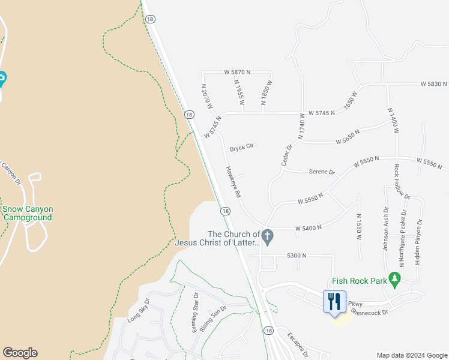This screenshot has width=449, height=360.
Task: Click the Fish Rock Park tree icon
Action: (x=394, y=278)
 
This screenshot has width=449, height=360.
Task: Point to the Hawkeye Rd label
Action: (x=233, y=182)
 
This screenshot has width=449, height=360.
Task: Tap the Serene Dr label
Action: (x=322, y=172)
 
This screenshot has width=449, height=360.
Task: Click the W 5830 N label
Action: (x=434, y=84)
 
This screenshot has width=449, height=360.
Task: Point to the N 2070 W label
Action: (x=208, y=95)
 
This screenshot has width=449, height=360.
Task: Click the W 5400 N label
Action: (x=309, y=227)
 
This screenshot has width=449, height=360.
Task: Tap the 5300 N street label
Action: (x=297, y=256)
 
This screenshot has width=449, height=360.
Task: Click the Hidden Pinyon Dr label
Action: (x=418, y=242)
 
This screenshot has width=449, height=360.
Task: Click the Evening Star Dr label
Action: (x=195, y=313)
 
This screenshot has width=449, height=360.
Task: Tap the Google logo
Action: (x=20, y=353)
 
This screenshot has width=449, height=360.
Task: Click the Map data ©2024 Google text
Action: (x=412, y=355)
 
